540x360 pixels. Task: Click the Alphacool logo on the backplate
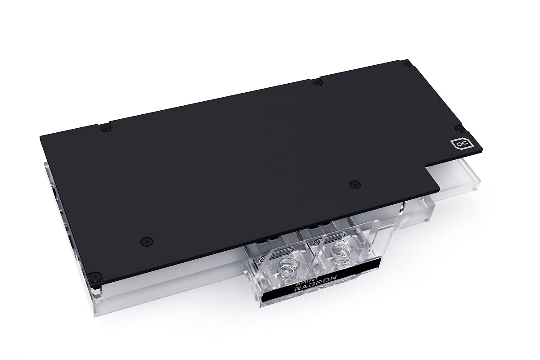tap(457, 144)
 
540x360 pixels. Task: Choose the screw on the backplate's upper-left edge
tap(106, 128)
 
